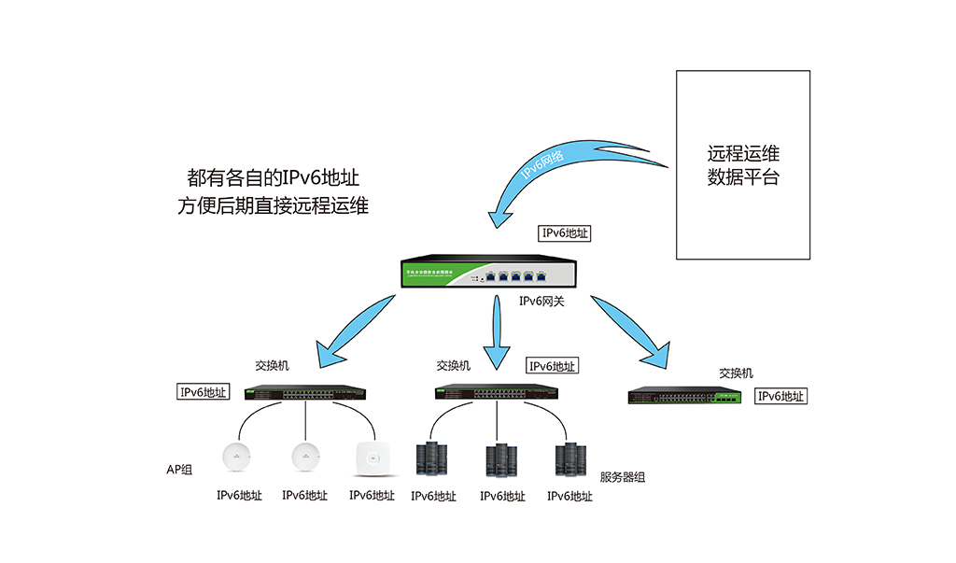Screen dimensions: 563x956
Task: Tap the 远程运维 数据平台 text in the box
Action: tap(743, 165)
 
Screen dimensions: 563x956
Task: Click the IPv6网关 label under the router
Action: tap(541, 302)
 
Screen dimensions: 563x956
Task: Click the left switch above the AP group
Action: tap(305, 392)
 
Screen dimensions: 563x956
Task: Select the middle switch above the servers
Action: tap(497, 392)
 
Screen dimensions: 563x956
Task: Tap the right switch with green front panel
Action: tap(686, 396)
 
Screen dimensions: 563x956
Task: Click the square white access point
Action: tap(371, 458)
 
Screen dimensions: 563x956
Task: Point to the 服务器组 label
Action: tap(622, 477)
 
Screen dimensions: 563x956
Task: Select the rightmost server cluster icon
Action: tap(570, 460)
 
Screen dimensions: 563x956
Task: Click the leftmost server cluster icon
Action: tap(432, 460)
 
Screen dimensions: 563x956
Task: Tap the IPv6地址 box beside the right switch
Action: tap(780, 396)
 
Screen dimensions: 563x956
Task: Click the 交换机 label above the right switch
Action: tap(736, 373)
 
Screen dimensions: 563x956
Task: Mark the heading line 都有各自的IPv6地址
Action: tap(274, 177)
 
